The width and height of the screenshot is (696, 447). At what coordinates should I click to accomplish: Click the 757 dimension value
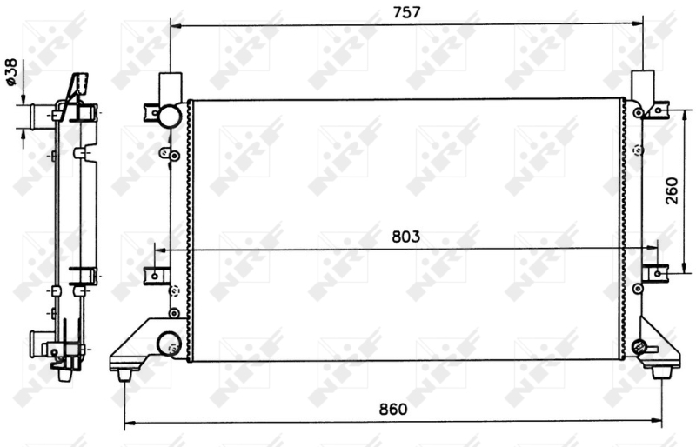[x=406, y=12]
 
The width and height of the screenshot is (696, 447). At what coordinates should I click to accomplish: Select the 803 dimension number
[x=405, y=237]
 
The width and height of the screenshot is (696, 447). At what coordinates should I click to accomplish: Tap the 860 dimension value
[x=393, y=409]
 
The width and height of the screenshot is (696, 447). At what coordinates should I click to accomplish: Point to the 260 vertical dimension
[x=672, y=190]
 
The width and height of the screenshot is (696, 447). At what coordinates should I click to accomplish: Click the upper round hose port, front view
[x=170, y=116]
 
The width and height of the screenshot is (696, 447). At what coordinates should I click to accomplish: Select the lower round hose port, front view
[x=168, y=343]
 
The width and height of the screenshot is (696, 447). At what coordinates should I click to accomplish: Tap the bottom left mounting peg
[x=124, y=376]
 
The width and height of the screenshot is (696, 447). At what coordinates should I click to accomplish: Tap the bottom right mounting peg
[x=659, y=372]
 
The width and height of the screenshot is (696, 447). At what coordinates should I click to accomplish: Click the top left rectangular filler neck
[x=171, y=88]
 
